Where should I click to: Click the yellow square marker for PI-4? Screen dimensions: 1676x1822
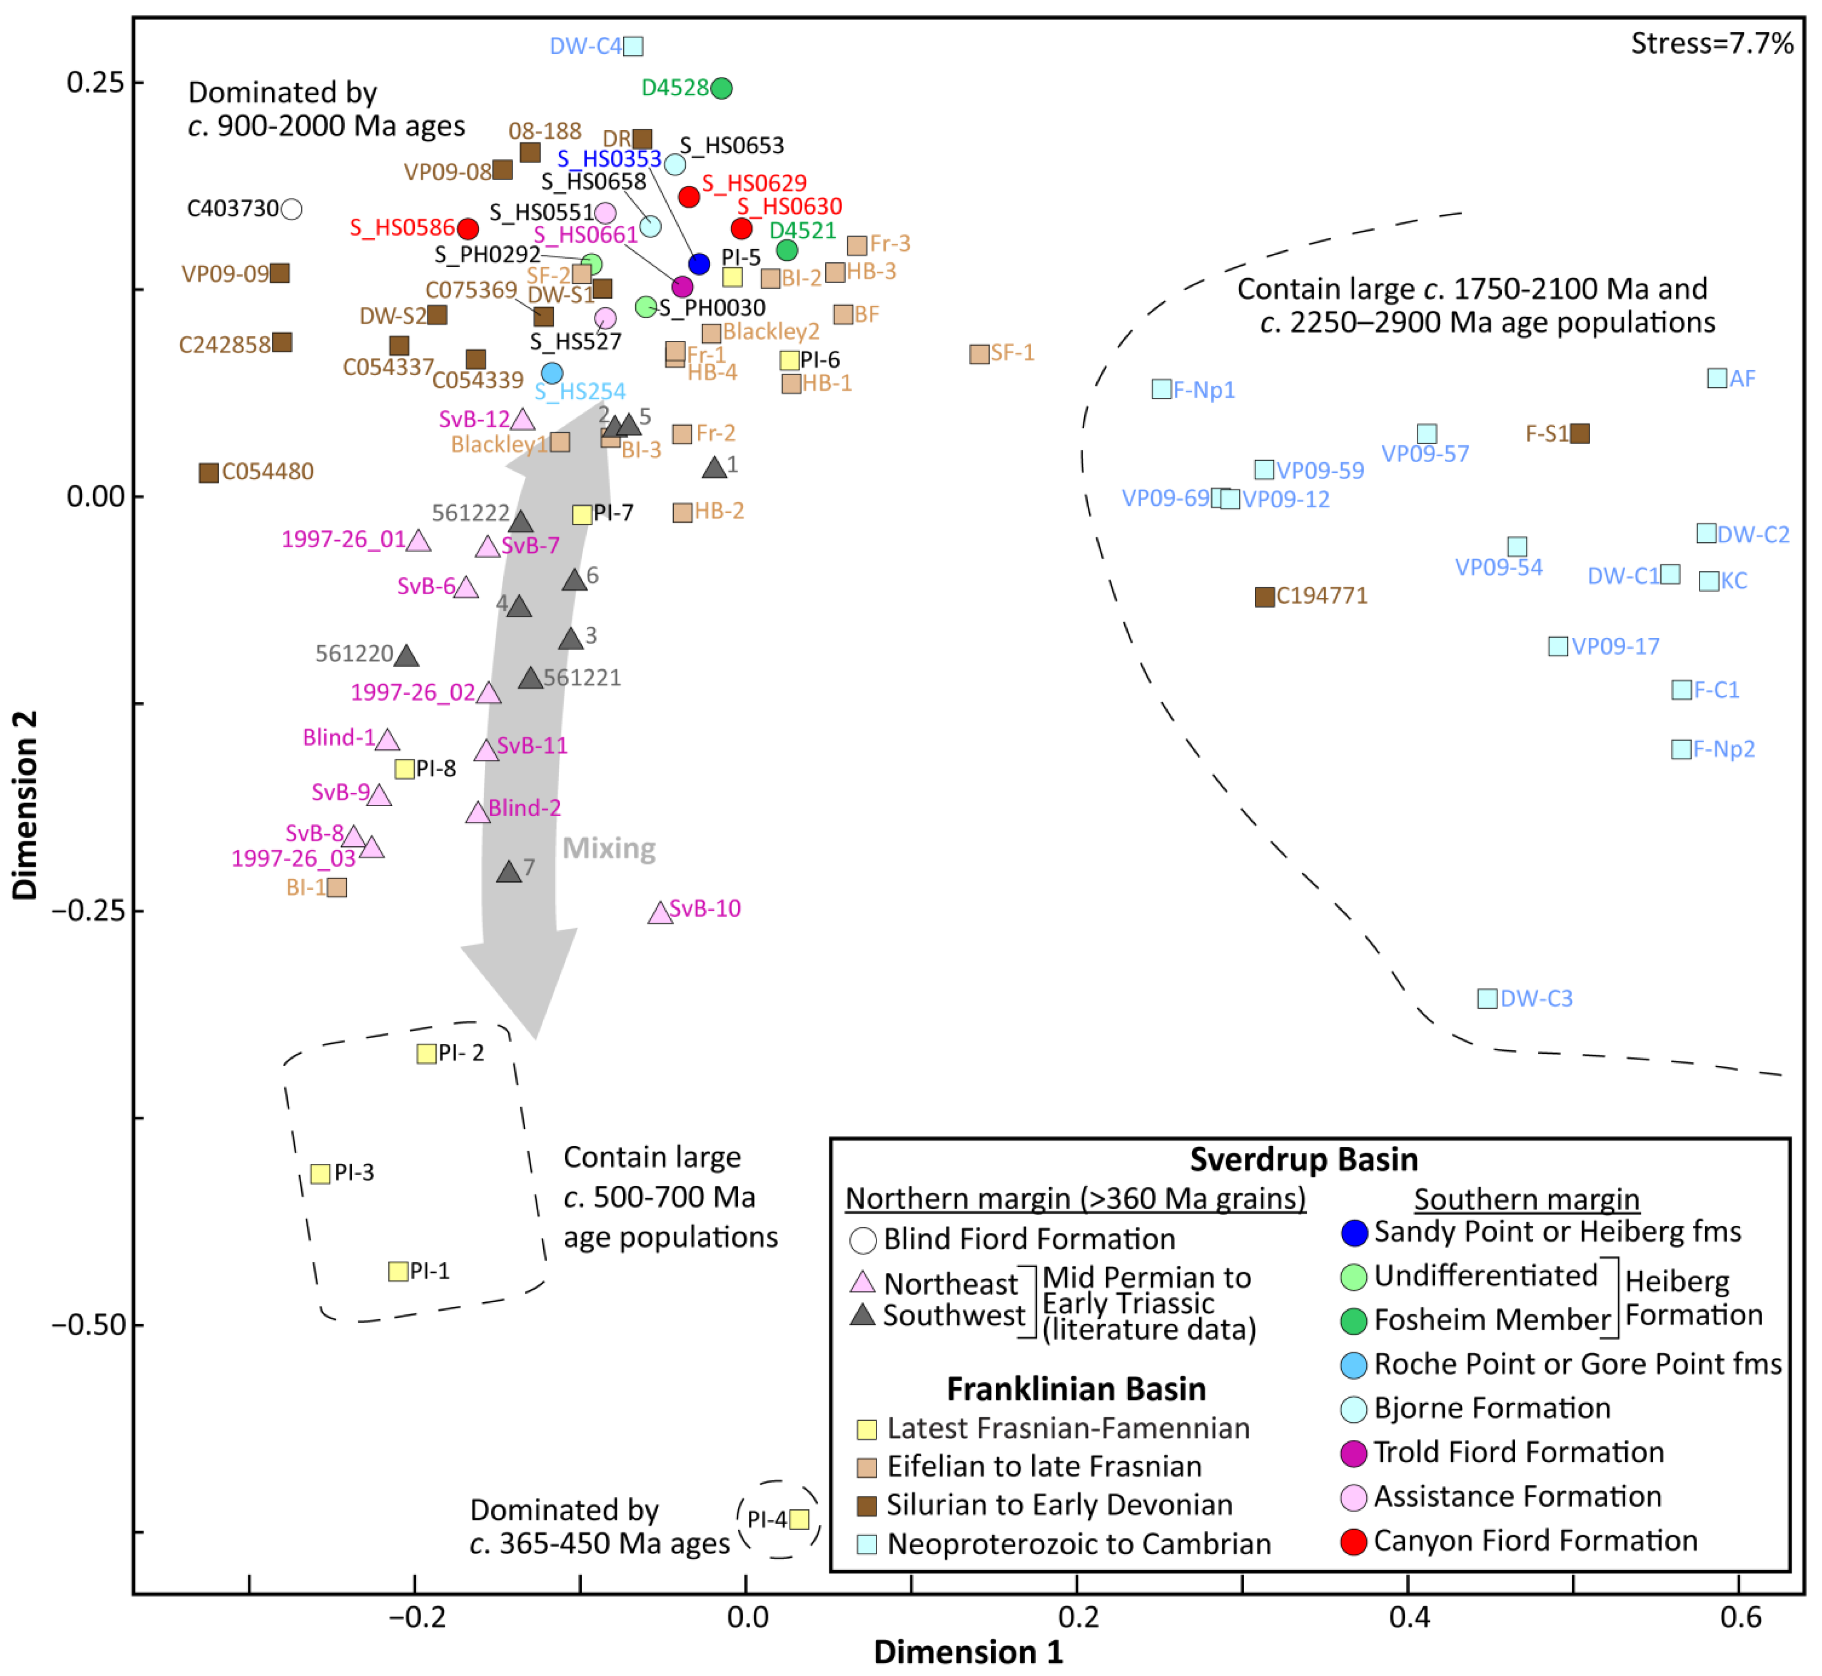799,1519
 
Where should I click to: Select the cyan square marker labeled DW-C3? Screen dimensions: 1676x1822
1488,999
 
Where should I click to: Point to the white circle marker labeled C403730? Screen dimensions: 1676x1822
291,209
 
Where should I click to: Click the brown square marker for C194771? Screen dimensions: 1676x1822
1265,597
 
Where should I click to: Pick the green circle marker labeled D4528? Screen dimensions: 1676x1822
721,88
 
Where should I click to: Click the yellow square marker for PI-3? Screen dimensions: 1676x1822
320,1174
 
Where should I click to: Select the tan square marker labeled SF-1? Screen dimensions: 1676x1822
979,354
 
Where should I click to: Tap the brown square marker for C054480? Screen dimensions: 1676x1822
208,472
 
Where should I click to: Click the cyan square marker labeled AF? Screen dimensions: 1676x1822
1717,378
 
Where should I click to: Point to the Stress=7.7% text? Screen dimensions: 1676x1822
1711,44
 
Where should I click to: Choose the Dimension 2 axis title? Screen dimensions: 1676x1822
25,804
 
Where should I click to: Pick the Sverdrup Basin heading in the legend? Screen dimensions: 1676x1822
1304,1159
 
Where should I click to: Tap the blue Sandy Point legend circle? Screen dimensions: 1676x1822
1353,1232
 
